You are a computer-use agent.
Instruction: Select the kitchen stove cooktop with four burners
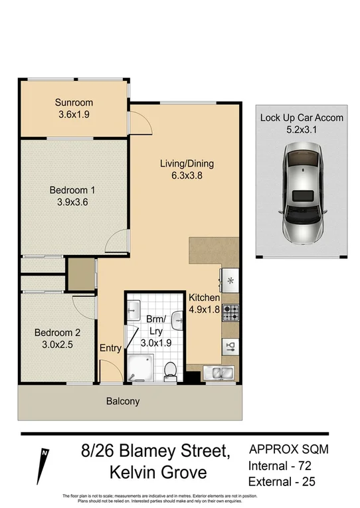coord(230,310)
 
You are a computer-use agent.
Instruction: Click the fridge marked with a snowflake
coord(230,280)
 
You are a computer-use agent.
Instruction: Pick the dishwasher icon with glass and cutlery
coord(230,345)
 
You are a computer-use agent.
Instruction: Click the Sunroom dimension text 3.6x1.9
coord(74,115)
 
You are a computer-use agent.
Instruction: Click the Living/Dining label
coord(187,163)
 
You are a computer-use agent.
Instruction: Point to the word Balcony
coord(123,401)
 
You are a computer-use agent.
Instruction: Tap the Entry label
coord(110,348)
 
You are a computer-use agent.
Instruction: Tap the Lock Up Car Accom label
coord(302,118)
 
